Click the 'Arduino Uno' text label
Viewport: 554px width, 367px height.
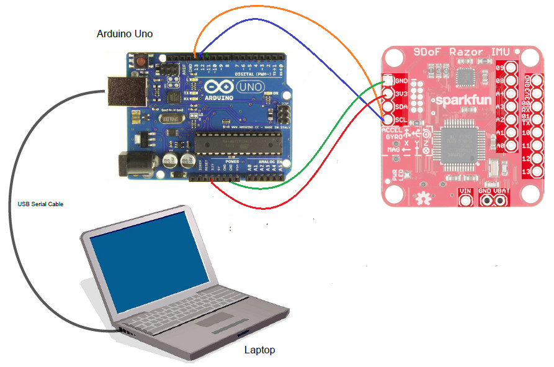point(125,33)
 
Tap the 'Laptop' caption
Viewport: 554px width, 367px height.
point(259,350)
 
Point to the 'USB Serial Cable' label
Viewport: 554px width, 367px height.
point(40,204)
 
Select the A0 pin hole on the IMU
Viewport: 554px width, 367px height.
point(512,146)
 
